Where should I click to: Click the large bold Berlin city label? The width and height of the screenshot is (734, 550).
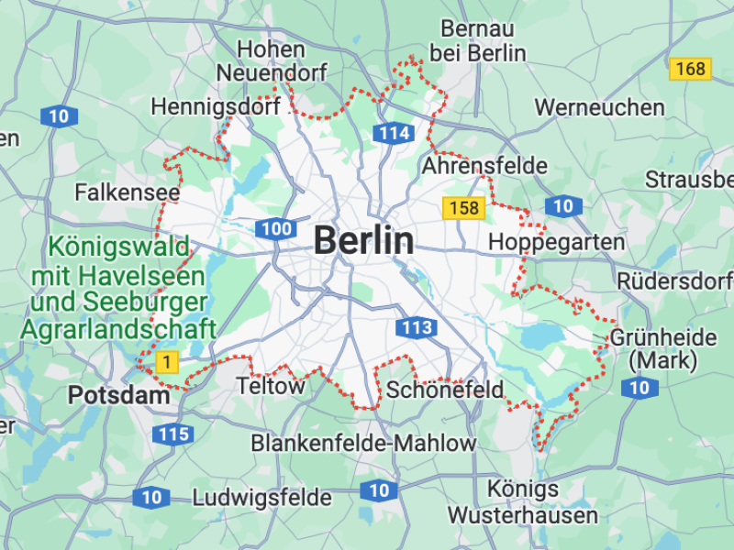[363, 241]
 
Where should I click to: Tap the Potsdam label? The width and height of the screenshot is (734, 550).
[119, 396]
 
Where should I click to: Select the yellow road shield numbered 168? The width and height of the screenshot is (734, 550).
[690, 69]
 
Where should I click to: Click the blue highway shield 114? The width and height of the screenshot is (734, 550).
[393, 133]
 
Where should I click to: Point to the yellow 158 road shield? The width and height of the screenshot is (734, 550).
[463, 208]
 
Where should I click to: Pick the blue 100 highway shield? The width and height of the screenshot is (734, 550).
[276, 229]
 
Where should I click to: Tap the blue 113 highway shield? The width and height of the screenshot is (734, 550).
[416, 327]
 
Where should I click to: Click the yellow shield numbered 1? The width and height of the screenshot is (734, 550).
[166, 361]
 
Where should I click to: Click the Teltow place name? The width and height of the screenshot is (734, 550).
[271, 386]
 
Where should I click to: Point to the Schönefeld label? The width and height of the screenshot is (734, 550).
[445, 390]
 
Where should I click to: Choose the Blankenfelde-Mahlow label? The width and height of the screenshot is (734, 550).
[364, 444]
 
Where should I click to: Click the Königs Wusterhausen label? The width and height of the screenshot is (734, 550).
[523, 501]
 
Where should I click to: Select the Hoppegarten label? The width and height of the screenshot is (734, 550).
[557, 243]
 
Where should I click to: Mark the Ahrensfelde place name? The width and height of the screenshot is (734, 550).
[484, 166]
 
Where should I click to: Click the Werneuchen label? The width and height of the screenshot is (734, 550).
[599, 107]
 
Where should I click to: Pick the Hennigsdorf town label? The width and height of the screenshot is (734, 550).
[216, 107]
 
